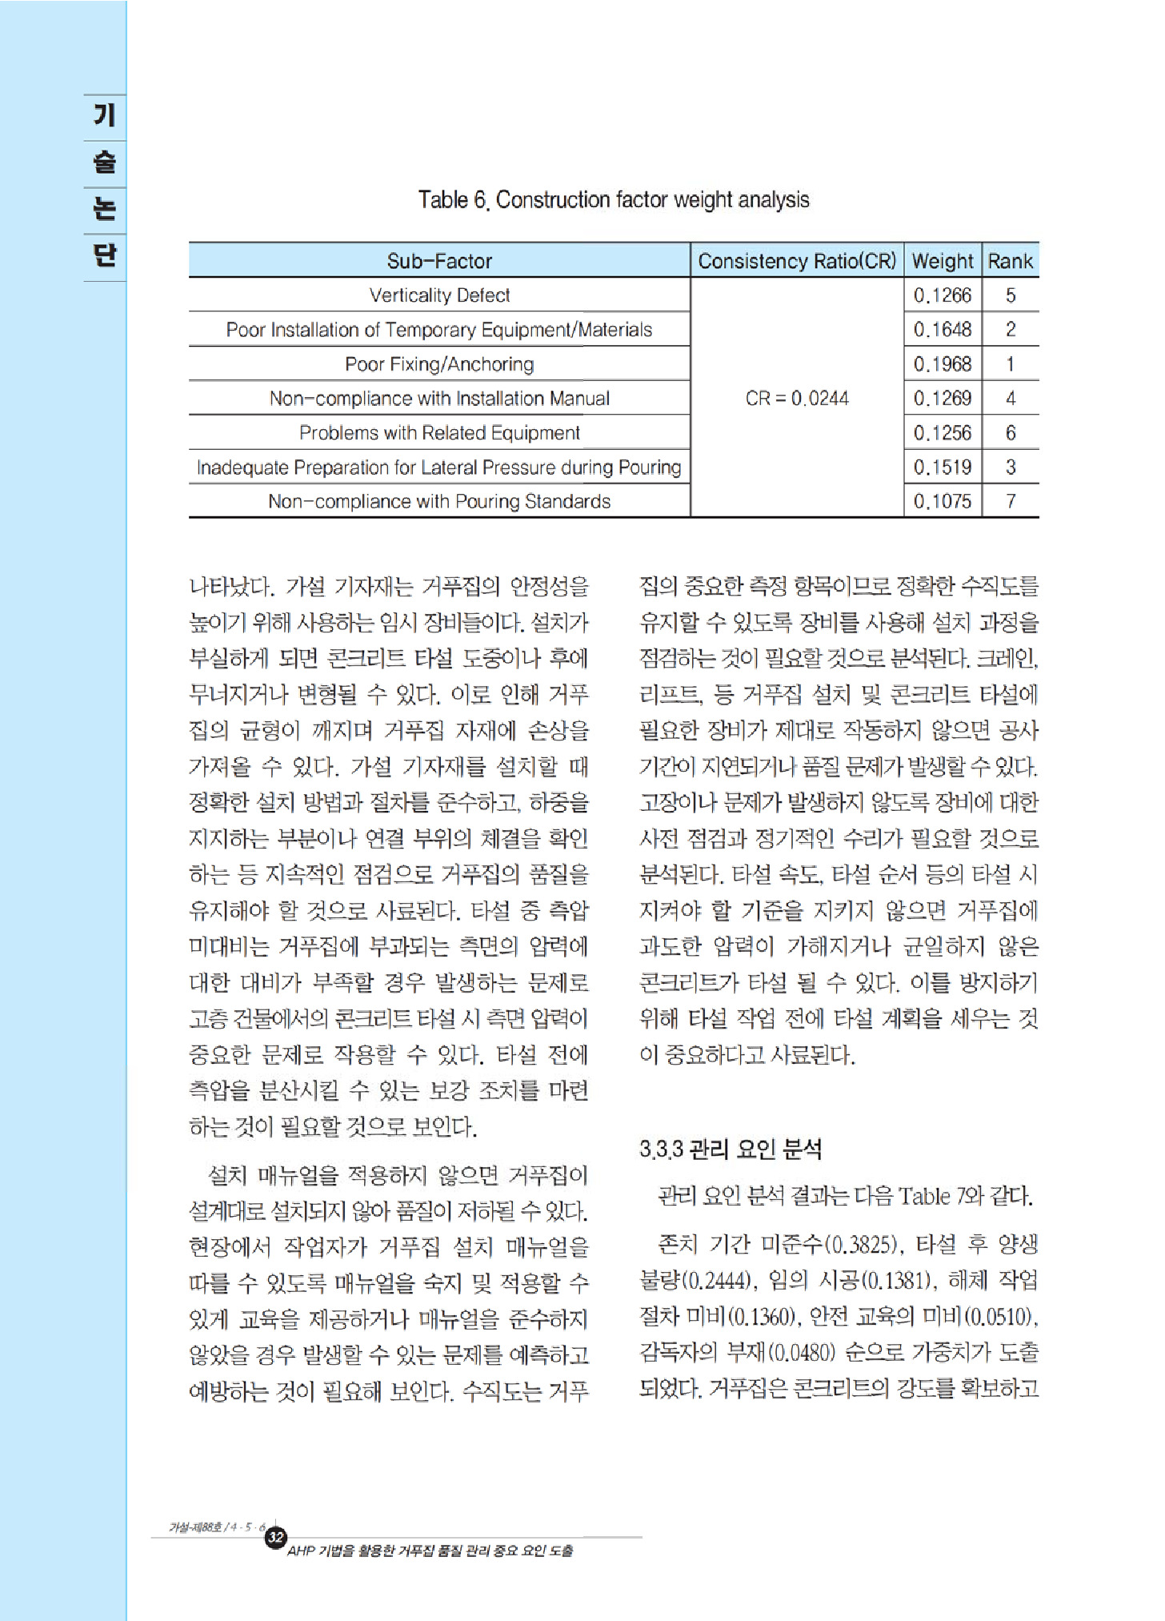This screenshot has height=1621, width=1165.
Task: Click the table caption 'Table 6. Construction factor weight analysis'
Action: (x=614, y=199)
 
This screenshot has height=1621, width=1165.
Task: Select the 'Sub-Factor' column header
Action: (x=439, y=261)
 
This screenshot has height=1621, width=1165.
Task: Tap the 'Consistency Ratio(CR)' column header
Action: (x=797, y=261)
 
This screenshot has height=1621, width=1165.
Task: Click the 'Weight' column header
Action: (x=943, y=261)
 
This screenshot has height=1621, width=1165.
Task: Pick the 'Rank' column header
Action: (x=1011, y=261)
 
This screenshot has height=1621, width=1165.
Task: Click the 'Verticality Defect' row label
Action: (x=439, y=295)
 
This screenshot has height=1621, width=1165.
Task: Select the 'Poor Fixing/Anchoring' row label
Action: (x=439, y=364)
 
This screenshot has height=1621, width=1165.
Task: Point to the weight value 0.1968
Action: (x=943, y=364)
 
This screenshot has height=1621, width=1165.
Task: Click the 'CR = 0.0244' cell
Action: (x=797, y=398)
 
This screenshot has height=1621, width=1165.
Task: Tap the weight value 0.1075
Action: (x=943, y=501)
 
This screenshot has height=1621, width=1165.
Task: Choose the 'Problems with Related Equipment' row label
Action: (x=439, y=433)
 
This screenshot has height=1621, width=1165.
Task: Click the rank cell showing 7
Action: (x=1011, y=501)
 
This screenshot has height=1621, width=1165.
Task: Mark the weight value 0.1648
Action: (x=943, y=330)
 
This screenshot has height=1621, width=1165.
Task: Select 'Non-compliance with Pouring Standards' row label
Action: (x=439, y=501)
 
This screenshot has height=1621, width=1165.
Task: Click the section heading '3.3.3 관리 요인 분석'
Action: (x=731, y=1150)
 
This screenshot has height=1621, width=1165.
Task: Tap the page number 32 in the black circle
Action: (x=276, y=1537)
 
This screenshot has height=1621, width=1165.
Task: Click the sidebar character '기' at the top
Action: (x=105, y=115)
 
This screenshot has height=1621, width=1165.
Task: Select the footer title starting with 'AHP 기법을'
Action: (x=430, y=1551)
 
